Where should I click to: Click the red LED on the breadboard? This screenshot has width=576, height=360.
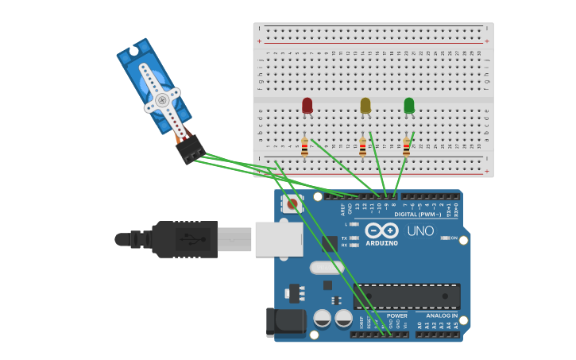coord(307,105)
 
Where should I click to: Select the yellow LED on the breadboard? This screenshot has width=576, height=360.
coord(365,105)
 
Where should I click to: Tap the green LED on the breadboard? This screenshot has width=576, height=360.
coord(409,105)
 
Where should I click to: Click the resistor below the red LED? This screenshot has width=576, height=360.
coord(304,146)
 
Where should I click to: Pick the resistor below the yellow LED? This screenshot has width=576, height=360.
coord(363,146)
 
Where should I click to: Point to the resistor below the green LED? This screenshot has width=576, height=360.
coord(407,146)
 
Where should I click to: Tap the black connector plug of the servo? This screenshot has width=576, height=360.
coord(191,149)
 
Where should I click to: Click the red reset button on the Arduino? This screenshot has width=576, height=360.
coord(292,204)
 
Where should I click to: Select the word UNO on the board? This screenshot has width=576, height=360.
coord(420,231)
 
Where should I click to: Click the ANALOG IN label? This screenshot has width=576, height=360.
coord(436,315)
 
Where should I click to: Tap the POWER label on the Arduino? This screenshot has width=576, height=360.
coord(396,315)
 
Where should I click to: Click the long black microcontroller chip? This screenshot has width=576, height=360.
coord(407,296)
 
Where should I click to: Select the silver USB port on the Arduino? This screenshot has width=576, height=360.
coord(278,238)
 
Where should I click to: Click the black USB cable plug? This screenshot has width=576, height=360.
coord(184,238)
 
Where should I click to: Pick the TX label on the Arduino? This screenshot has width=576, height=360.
coord(344,238)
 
